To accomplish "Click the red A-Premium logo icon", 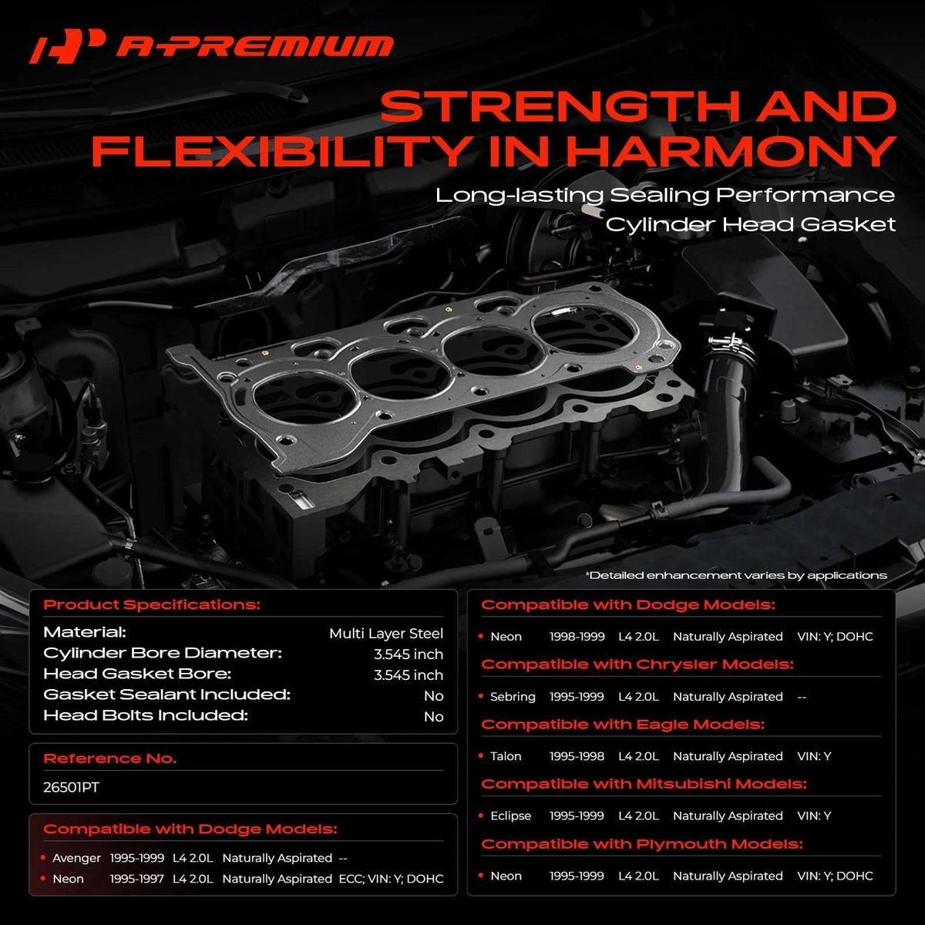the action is (67, 46).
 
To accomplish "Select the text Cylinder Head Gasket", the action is (750, 224).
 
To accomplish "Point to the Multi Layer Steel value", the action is (386, 634).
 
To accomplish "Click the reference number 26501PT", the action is (71, 787).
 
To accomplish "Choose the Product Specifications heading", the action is (152, 604).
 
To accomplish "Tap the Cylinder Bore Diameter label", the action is (163, 653).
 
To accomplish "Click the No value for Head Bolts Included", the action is (433, 717).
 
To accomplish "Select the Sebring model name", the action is (513, 697).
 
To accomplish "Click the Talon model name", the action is (506, 756).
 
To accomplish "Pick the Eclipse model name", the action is (511, 816).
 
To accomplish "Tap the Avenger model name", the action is (76, 858).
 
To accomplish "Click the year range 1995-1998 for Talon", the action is (577, 756).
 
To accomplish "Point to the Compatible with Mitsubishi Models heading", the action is (644, 784).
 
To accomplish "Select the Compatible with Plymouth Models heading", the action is (642, 844).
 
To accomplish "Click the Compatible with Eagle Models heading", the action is (623, 724).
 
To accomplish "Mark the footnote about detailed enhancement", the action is (736, 575).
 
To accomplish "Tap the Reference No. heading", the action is (109, 758).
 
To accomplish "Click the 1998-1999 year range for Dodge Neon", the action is (577, 637).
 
